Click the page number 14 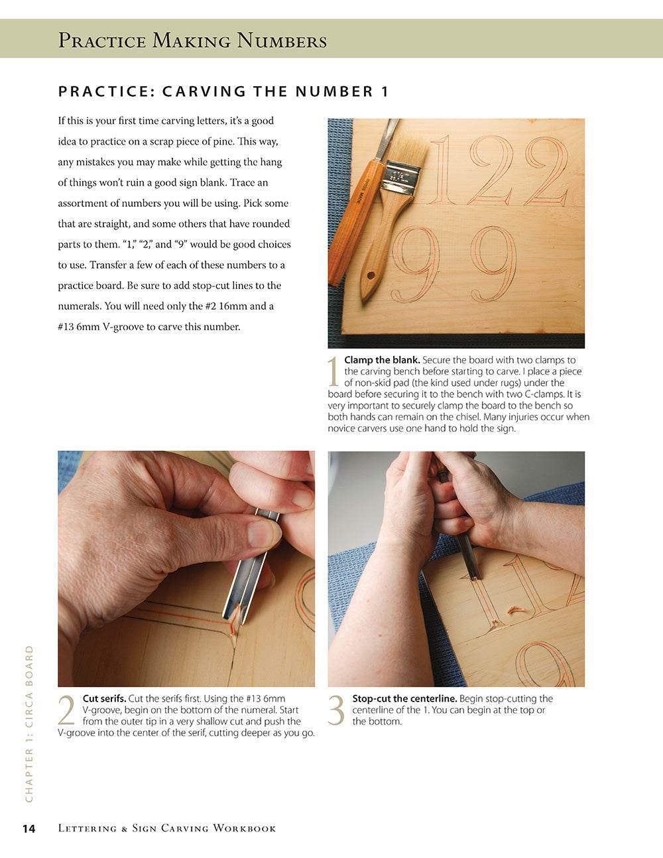click(x=29, y=828)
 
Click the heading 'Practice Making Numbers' click(x=192, y=40)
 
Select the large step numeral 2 click(x=67, y=710)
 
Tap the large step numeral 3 click(x=337, y=710)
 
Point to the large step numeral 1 click(x=334, y=372)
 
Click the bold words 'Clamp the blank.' click(x=382, y=360)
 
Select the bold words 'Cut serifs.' click(x=104, y=698)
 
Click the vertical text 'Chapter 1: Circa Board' click(x=29, y=723)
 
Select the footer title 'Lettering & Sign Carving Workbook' click(x=167, y=828)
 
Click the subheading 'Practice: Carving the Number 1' click(x=223, y=92)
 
